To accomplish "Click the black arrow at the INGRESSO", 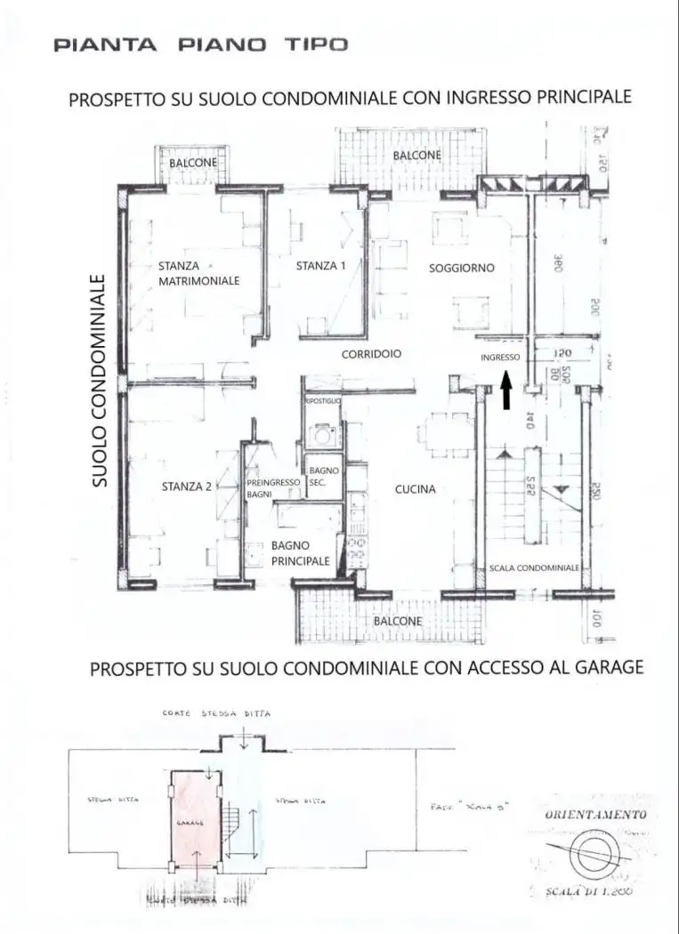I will tap(506, 392).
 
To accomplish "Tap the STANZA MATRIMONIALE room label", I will tap(199, 272).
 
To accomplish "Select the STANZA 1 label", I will tap(320, 265).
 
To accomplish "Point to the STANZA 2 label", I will tap(187, 486).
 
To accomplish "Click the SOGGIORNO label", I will tap(461, 267).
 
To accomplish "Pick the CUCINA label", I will tap(416, 488).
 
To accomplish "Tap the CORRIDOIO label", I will tap(371, 353).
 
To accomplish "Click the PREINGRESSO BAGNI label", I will tap(272, 487).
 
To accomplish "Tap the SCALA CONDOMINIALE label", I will tap(534, 567).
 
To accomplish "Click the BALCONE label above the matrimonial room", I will tap(193, 164).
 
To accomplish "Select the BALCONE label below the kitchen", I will tap(398, 620).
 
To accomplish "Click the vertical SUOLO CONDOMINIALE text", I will tap(100, 380).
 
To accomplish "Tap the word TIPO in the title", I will tap(316, 44).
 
